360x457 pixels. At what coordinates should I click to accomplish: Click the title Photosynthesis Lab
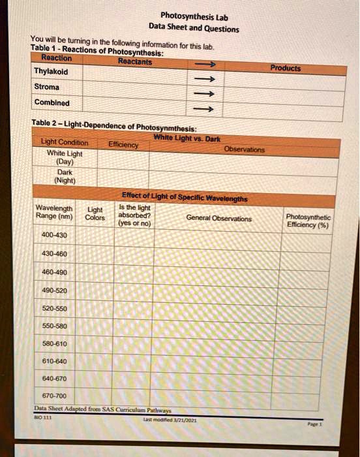click(x=193, y=16)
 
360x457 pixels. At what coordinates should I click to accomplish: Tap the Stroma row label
click(x=46, y=87)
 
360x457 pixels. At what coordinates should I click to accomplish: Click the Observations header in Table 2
click(x=245, y=149)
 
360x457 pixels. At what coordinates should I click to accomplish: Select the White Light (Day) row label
click(x=64, y=157)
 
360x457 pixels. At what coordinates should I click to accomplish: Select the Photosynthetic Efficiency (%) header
click(x=308, y=221)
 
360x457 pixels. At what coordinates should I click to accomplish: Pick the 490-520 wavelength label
click(x=53, y=290)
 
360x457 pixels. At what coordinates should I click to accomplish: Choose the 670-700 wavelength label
click(x=54, y=396)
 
